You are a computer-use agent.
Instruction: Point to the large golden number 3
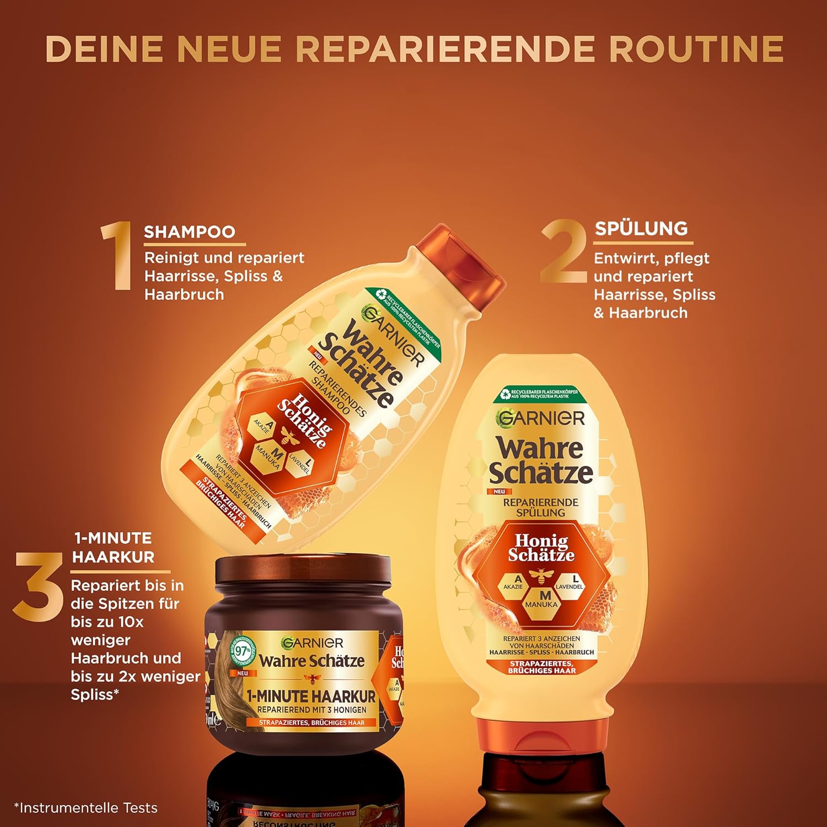[38, 587]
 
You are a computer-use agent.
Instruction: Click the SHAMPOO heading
[189, 232]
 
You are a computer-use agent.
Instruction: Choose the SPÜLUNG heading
[641, 228]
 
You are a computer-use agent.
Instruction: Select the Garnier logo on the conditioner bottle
[540, 418]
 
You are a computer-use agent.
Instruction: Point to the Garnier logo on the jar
[312, 642]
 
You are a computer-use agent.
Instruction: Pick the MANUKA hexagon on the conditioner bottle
[541, 599]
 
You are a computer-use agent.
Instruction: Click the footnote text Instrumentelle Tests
[85, 808]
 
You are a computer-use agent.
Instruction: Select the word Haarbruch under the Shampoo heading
[184, 294]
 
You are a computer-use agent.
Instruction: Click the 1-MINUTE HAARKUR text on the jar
[311, 696]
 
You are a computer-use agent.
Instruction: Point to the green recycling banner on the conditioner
[539, 394]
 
